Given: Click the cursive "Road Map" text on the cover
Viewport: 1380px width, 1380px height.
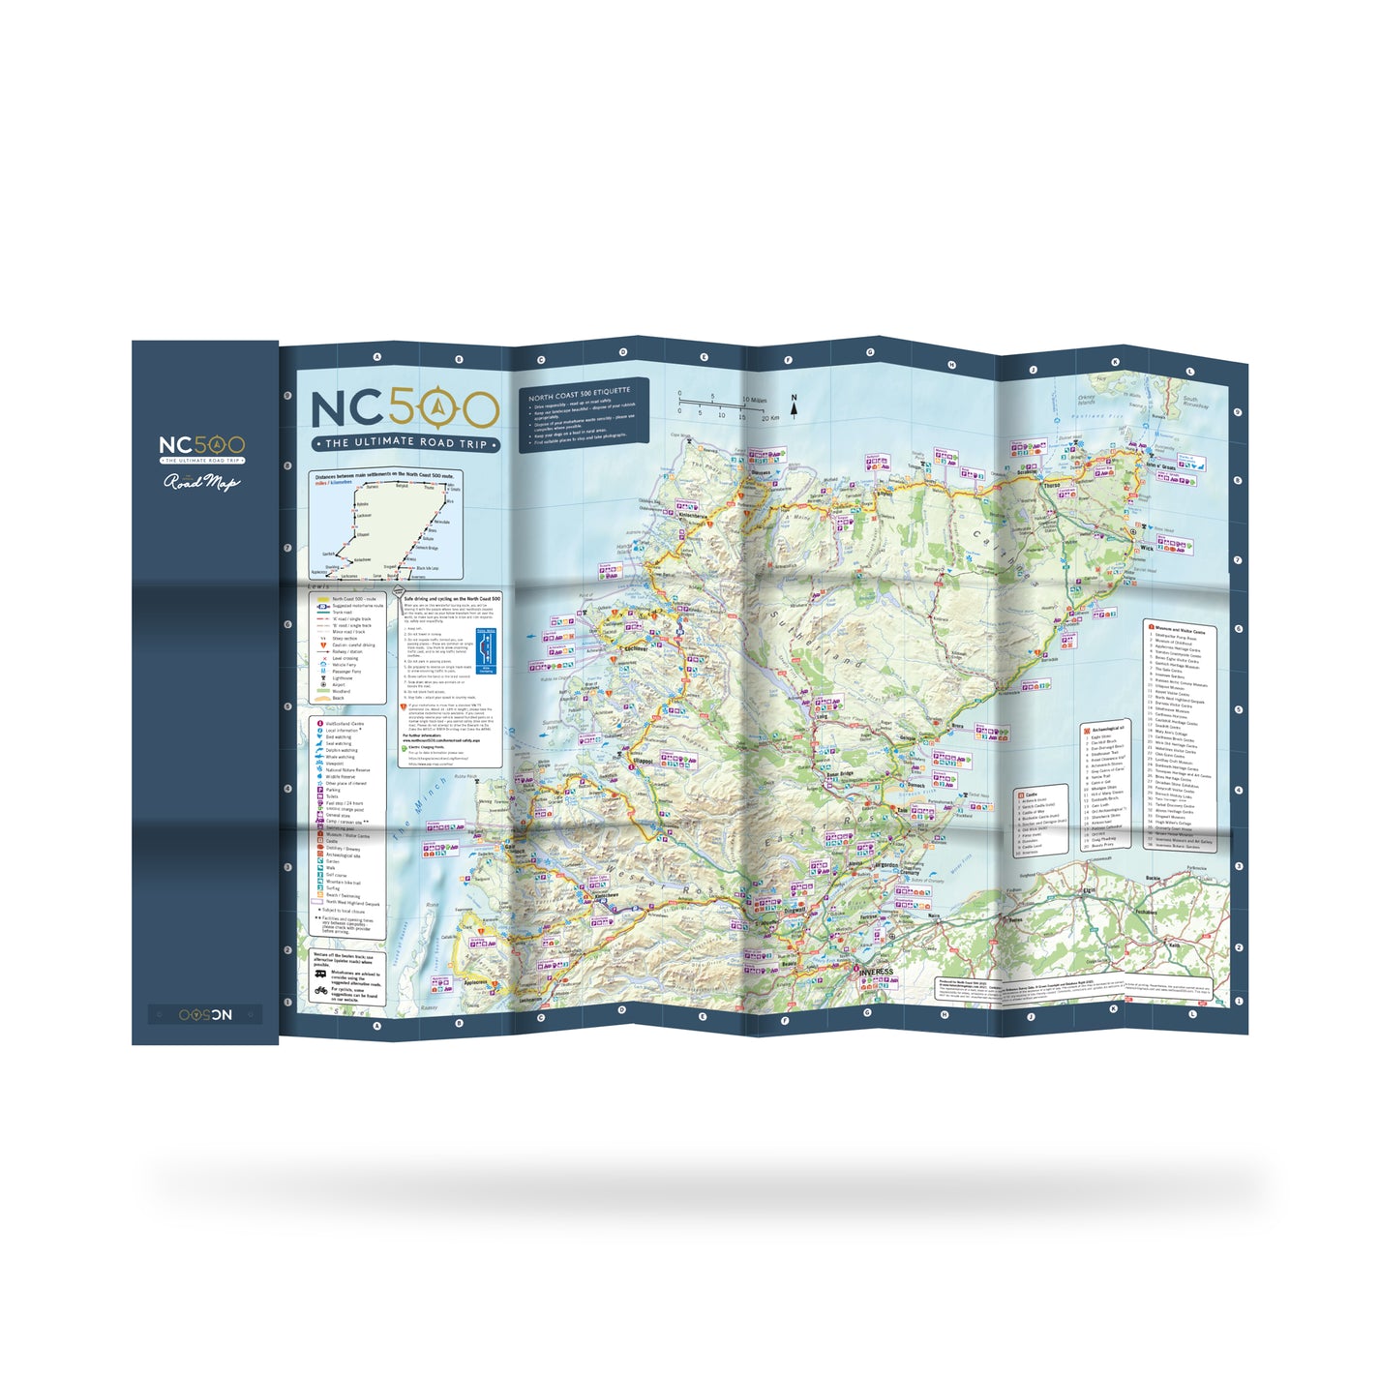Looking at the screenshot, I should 200,481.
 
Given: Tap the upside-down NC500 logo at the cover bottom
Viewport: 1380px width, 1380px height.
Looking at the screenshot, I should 205,1014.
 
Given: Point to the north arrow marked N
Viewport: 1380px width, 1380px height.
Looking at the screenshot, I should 795,405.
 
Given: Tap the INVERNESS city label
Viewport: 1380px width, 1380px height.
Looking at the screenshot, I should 876,971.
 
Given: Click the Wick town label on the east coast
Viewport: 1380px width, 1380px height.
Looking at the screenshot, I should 1147,548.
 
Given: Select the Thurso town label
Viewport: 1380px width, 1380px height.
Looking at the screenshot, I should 1052,485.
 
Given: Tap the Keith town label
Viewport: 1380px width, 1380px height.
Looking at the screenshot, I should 1175,945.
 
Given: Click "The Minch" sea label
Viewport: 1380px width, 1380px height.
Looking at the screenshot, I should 423,802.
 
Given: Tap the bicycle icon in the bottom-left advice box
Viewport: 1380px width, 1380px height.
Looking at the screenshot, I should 320,990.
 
